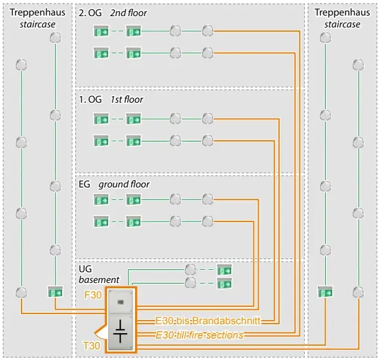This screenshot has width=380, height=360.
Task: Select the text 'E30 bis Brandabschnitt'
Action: click(207, 321)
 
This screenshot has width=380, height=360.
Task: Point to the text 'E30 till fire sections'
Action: click(200, 335)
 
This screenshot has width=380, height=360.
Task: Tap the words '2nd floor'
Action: click(128, 13)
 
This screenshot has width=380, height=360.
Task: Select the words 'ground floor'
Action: click(124, 184)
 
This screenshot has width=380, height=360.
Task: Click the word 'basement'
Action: click(99, 279)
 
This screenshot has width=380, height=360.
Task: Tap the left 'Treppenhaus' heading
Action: click(38, 13)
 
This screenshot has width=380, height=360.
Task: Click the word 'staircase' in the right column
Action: click(342, 24)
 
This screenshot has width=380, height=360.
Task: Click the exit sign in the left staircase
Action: click(55, 292)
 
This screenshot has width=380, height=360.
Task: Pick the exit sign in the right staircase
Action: click(325, 292)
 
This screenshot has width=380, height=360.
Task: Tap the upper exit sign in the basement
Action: click(224, 269)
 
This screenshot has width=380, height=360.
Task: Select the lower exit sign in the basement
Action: click(224, 282)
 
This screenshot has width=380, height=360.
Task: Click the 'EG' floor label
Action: click(85, 184)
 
